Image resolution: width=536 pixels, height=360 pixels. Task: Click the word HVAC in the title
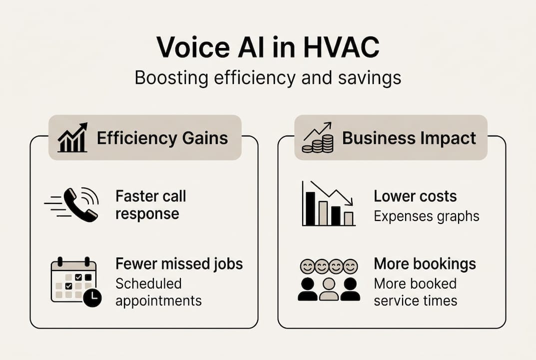point(341,47)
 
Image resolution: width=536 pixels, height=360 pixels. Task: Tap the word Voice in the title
point(193,47)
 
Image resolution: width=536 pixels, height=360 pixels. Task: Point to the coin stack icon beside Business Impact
point(318,137)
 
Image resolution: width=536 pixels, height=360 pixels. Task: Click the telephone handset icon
point(80,205)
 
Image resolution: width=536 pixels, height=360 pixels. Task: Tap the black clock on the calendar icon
point(92,297)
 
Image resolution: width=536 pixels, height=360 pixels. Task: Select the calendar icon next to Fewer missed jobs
point(76,281)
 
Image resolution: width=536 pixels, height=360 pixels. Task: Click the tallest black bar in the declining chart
point(310,208)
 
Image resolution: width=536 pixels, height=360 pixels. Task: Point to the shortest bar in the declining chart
point(349,218)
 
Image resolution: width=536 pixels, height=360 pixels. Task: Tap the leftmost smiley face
point(307,266)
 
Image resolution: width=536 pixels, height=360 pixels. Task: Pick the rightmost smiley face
point(350,266)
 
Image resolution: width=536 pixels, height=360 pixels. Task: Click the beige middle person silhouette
point(329,289)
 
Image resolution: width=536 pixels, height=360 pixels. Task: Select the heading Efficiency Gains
point(162,138)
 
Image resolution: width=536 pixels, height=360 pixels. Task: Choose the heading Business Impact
point(409,138)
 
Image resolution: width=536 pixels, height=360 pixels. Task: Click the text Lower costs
point(415,196)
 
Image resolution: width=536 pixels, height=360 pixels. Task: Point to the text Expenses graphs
point(426,216)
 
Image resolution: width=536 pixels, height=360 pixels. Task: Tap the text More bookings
point(425,264)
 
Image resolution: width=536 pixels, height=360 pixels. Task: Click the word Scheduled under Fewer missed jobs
point(148,283)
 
